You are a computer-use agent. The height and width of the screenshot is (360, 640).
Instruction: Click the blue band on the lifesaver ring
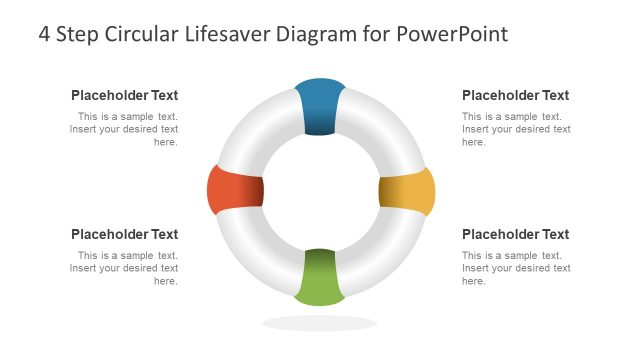coord(320,105)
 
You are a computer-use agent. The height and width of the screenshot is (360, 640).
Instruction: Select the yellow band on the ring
coord(407,191)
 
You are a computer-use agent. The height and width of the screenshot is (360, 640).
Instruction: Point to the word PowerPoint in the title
coord(452,34)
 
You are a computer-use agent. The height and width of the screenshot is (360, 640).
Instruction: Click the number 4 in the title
coord(45,34)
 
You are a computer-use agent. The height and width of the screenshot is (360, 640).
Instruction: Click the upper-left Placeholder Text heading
coord(124,96)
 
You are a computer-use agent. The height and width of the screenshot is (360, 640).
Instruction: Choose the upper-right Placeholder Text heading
coord(515,96)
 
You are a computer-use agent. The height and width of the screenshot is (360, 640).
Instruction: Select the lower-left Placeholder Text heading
coord(124,235)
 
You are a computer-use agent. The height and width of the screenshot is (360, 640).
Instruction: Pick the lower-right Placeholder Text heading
coord(515,235)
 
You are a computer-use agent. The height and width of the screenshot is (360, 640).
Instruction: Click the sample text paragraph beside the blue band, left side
coord(125,129)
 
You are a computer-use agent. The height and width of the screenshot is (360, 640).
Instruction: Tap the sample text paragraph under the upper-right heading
coord(516,129)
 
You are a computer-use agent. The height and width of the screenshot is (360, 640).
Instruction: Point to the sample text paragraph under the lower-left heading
coord(125,268)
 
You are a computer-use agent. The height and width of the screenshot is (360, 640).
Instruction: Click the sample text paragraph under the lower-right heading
coord(516,268)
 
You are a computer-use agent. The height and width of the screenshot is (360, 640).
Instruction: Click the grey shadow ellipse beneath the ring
coord(320,323)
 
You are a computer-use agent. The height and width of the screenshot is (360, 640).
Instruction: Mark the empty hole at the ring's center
coord(320,190)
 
